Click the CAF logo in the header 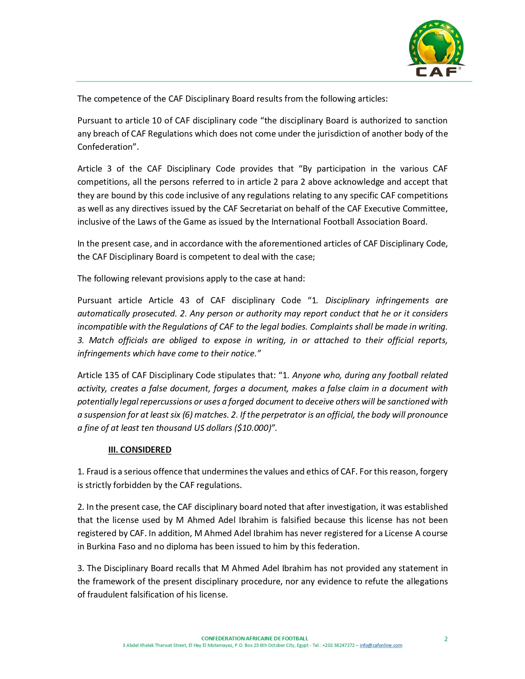436,49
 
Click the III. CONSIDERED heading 140,450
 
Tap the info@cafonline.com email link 381,645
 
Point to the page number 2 446,639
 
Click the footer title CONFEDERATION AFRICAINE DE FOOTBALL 254,639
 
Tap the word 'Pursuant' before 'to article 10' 94,121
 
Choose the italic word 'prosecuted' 154,314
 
